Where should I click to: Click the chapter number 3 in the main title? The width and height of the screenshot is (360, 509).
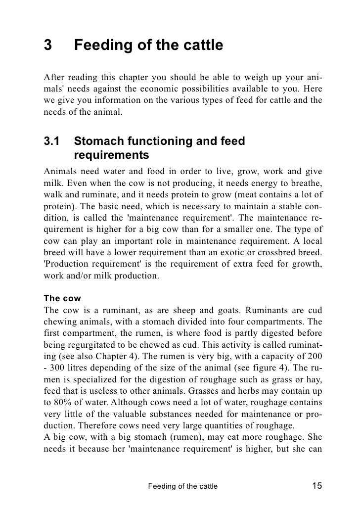tap(48, 46)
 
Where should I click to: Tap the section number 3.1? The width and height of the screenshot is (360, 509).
tap(52, 141)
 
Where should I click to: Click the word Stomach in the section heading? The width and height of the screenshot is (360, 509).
tap(101, 141)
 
